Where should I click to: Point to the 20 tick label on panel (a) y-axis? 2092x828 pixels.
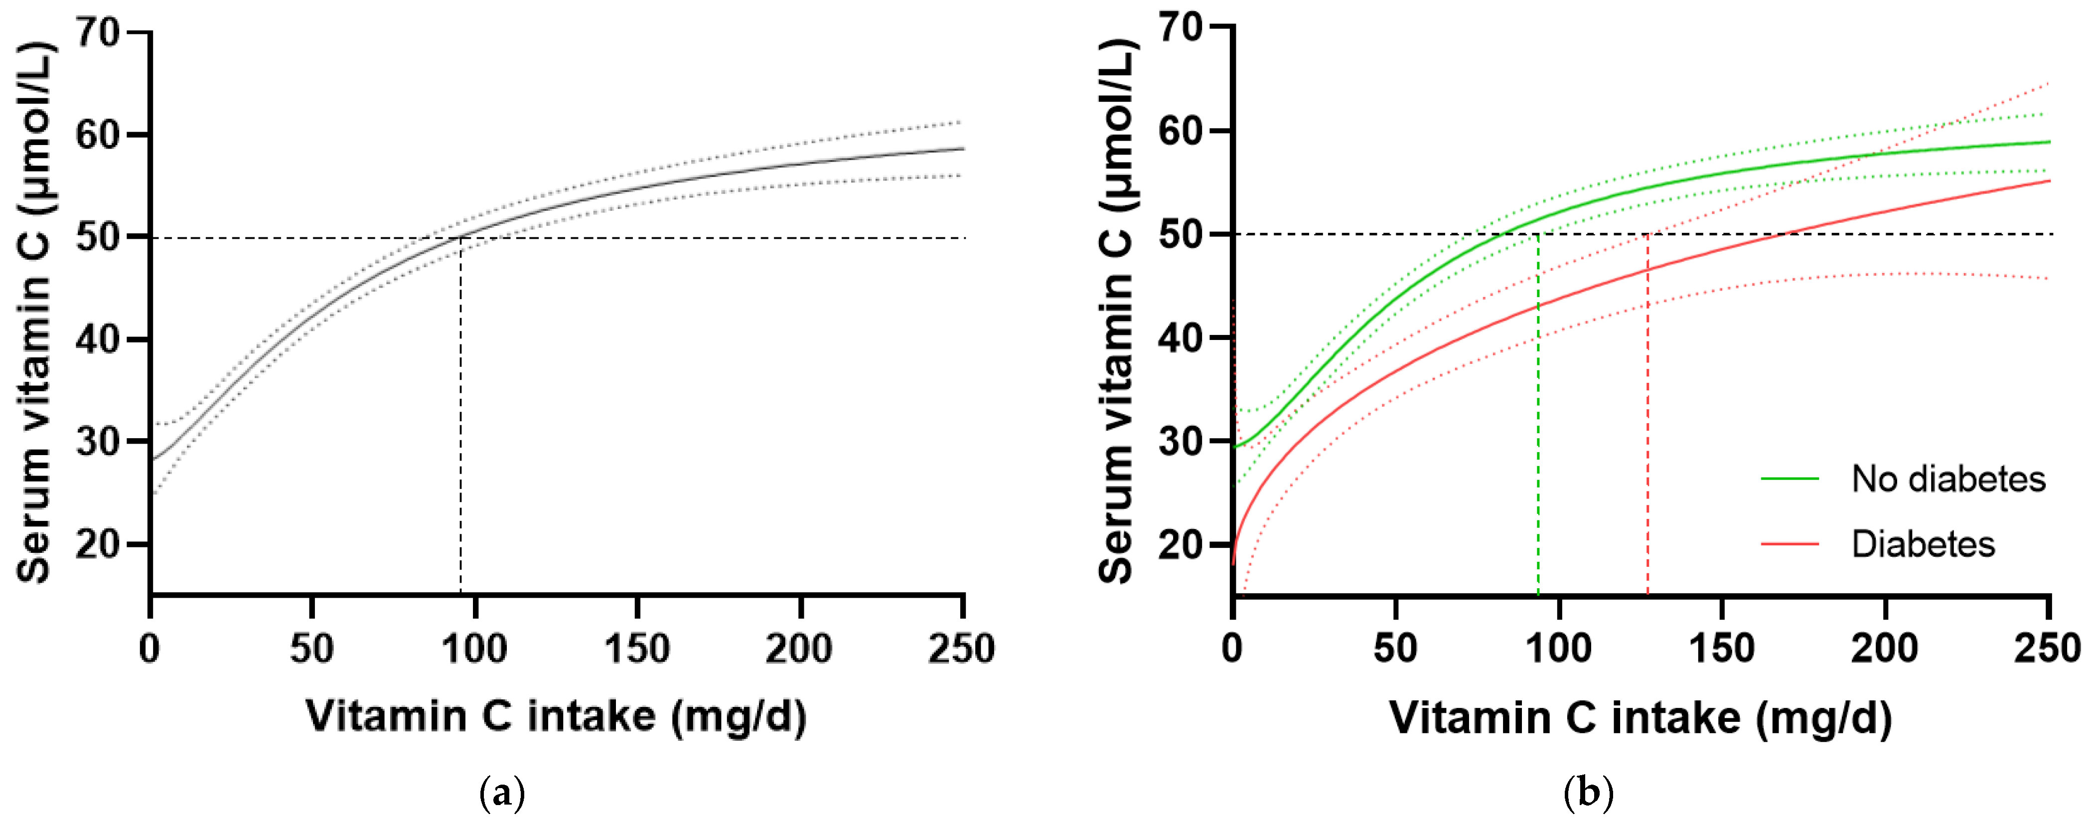(x=98, y=544)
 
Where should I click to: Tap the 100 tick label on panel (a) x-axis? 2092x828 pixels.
(x=474, y=649)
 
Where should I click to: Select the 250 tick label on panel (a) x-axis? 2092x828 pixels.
(x=962, y=649)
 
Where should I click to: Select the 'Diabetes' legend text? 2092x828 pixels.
(x=1922, y=543)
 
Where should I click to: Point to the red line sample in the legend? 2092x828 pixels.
(x=1789, y=543)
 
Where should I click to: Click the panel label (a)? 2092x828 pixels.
(x=503, y=792)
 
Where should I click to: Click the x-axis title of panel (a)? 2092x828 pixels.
(x=556, y=717)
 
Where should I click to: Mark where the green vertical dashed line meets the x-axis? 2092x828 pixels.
(x=1538, y=595)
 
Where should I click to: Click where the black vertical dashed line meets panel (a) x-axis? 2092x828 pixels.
(x=460, y=595)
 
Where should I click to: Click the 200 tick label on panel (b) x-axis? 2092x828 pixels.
(x=1884, y=649)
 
